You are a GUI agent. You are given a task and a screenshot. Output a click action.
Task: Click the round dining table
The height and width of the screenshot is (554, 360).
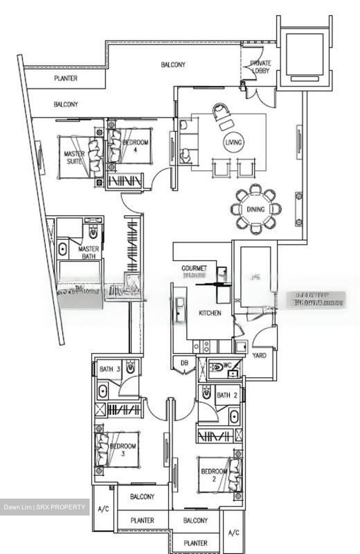coord(255,209)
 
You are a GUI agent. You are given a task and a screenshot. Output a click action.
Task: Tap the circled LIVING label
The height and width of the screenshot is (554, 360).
coord(233,142)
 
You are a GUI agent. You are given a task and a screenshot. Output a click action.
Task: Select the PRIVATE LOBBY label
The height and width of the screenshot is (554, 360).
coord(260,67)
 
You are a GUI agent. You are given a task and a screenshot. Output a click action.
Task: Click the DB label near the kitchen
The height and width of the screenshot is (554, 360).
coord(185,363)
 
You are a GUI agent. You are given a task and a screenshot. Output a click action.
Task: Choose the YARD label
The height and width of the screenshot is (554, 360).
coord(259,355)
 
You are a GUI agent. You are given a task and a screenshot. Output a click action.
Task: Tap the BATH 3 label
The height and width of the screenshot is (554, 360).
coord(110,369)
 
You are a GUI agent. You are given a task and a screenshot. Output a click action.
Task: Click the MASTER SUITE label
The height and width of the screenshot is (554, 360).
coord(74,158)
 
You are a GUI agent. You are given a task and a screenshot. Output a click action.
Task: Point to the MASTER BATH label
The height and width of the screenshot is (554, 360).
coord(88,252)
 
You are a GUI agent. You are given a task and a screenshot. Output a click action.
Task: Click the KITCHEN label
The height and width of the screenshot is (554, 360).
coord(210,313)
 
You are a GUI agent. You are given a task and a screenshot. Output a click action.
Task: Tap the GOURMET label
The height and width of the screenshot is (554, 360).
coord(194,268)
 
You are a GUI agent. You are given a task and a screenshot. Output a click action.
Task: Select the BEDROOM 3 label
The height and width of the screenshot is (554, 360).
coord(123,450)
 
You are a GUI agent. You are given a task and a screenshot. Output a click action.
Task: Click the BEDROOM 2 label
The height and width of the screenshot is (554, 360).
coord(214,475)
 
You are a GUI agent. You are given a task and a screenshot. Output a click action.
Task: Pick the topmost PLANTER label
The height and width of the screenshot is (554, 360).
coord(66,78)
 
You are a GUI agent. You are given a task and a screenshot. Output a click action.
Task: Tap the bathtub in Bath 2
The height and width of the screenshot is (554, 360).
coord(234,417)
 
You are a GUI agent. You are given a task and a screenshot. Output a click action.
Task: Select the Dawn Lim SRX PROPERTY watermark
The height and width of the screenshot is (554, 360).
coord(45,507)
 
